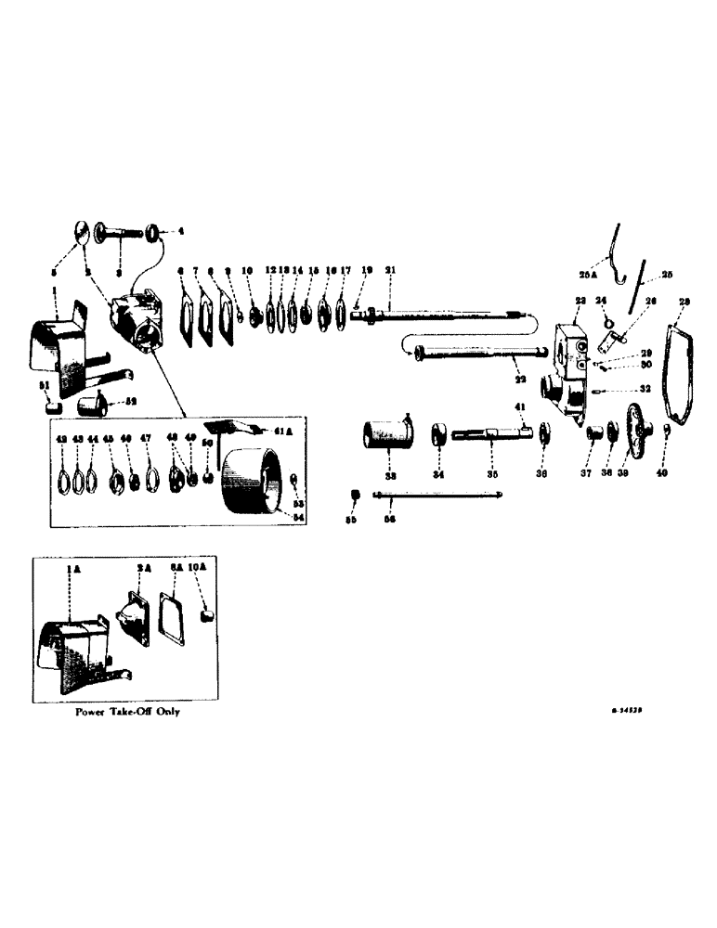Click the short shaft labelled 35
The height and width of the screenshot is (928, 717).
point(488,432)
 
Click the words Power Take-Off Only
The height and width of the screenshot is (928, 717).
point(130,711)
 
